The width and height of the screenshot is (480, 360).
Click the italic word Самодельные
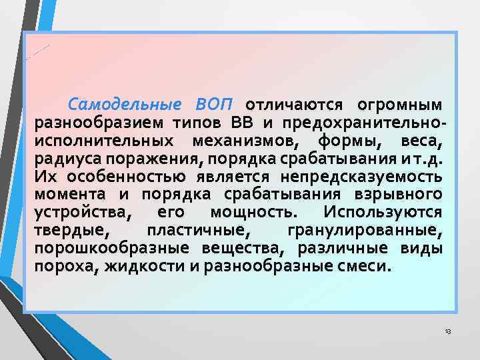125,105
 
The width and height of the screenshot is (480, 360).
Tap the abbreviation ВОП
215,105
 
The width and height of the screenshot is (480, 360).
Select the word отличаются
294,105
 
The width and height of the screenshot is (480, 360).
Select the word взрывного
403,194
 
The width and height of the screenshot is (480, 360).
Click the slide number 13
447,332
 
